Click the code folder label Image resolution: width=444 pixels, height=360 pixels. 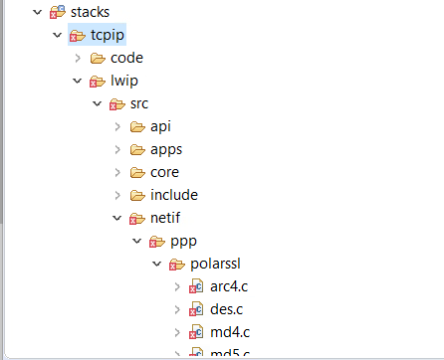(127, 58)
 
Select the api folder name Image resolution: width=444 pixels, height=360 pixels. (160, 126)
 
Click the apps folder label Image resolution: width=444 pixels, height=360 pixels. (166, 149)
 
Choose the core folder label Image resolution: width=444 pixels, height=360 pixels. (165, 172)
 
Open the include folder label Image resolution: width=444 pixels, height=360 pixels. (174, 195)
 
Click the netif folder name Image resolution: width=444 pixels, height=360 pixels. (167, 218)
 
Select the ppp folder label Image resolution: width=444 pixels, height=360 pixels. (184, 241)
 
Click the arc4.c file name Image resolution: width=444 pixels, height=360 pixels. (228, 286)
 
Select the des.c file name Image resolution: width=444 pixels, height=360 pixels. (227, 309)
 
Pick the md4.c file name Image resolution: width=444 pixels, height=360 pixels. (229, 332)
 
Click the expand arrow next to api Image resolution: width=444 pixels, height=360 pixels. (117, 126)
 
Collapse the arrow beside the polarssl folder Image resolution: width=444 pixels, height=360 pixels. (156, 264)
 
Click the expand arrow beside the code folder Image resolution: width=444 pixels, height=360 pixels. (78, 58)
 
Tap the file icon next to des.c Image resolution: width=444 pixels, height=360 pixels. (196, 309)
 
